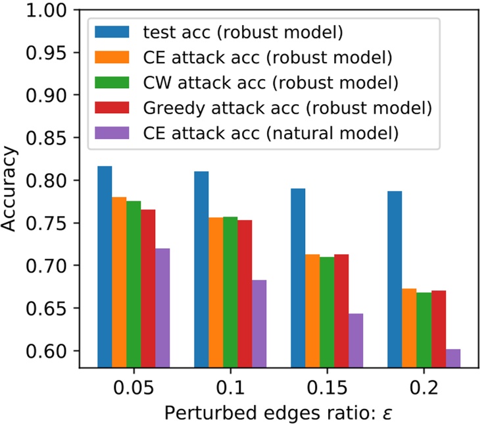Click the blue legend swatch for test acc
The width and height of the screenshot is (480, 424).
point(113,32)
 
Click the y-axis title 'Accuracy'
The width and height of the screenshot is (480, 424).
point(11,188)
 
